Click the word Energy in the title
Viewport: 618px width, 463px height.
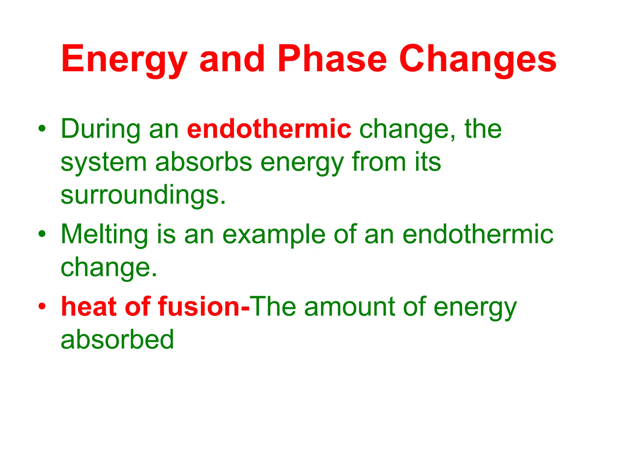pyautogui.click(x=124, y=59)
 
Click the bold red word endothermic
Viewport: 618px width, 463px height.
pyautogui.click(x=269, y=129)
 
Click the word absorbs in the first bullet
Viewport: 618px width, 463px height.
pyautogui.click(x=203, y=162)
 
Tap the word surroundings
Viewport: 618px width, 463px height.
pyautogui.click(x=143, y=195)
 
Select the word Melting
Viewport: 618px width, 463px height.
pyautogui.click(x=104, y=235)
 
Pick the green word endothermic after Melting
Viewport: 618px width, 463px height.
pyautogui.click(x=478, y=234)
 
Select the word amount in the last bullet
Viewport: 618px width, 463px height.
pyautogui.click(x=350, y=307)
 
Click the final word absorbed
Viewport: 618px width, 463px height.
pyautogui.click(x=117, y=340)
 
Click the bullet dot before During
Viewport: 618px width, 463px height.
pyautogui.click(x=42, y=129)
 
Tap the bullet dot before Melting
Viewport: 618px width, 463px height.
pyautogui.click(x=42, y=234)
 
